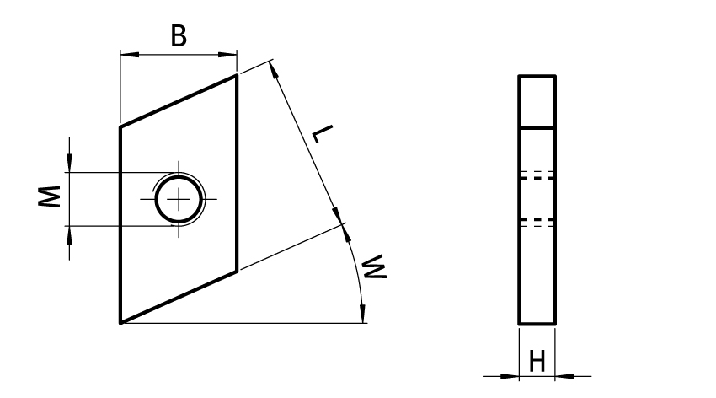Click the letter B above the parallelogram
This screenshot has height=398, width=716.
pyautogui.click(x=179, y=36)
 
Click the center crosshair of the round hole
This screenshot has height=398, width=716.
pyautogui.click(x=179, y=199)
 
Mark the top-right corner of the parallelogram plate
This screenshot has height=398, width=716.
pyautogui.click(x=237, y=76)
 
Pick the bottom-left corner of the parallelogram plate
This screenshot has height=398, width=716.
pyautogui.click(x=120, y=322)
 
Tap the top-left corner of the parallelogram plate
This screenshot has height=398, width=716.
pyautogui.click(x=120, y=127)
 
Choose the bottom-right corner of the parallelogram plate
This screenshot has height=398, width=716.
pyautogui.click(x=237, y=271)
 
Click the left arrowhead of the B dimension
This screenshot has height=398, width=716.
pyautogui.click(x=126, y=56)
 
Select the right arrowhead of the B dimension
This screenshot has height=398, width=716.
pyautogui.click(x=231, y=56)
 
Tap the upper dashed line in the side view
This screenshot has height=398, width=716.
pyautogui.click(x=537, y=178)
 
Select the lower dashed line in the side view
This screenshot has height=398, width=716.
pyautogui.click(x=537, y=219)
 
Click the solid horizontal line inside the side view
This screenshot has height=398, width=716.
pyautogui.click(x=537, y=127)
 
